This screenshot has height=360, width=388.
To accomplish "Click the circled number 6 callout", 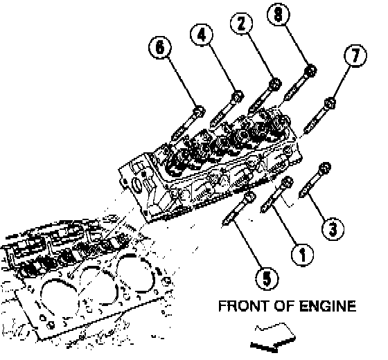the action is (160, 48).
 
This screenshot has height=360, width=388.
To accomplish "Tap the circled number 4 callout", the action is (202, 35).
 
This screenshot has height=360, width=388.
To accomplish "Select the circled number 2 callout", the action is (241, 24).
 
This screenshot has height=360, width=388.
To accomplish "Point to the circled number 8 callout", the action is (278, 14).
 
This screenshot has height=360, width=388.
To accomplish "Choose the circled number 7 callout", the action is (355, 55).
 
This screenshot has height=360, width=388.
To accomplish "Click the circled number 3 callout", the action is (333, 229).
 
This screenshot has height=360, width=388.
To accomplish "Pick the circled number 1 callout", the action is (302, 255).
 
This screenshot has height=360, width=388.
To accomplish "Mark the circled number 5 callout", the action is (267, 278).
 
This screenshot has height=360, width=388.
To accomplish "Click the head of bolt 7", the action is (330, 103).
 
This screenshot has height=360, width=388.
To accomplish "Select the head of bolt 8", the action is (311, 71).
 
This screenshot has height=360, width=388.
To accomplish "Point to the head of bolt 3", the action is (325, 168).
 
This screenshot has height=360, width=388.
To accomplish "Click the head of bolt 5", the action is (250, 197).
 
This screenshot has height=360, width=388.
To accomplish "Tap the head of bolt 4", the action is (237, 96).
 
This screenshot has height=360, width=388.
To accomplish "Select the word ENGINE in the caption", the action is (328, 306).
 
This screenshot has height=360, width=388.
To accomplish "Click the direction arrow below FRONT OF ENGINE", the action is (273, 338).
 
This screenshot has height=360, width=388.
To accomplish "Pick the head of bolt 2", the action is (275, 84).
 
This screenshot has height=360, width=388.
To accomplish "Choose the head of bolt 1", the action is (287, 183).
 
